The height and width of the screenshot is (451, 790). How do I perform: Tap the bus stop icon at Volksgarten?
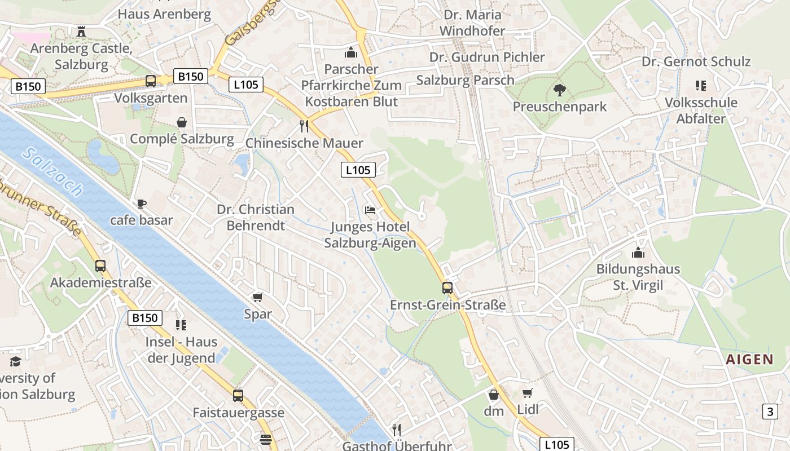tap(151, 81)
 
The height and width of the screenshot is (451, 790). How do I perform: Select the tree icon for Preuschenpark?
tap(559, 89)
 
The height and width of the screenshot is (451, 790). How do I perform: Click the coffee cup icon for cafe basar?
tap(141, 204)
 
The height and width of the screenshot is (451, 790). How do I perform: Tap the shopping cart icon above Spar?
tap(258, 297)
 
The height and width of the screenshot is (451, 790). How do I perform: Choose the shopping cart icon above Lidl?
tap(528, 393)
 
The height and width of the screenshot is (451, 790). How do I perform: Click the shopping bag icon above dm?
tap(494, 395)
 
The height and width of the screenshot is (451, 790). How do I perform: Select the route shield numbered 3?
tap(770, 412)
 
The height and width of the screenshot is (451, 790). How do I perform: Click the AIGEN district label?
tap(749, 360)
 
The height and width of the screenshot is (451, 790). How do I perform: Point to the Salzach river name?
tap(54, 172)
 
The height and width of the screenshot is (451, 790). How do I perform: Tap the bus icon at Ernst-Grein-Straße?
tap(447, 288)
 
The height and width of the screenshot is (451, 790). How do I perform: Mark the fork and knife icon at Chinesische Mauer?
tap(304, 126)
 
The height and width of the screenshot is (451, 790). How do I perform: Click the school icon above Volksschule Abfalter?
tap(701, 86)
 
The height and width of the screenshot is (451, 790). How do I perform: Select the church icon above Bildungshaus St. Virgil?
tap(638, 253)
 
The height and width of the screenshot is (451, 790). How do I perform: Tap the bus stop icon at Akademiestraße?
tap(100, 266)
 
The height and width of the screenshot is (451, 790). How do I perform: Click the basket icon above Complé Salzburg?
tap(182, 122)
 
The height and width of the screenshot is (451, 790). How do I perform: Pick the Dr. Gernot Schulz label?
tap(696, 61)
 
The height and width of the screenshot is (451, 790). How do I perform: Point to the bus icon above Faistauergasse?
tap(238, 395)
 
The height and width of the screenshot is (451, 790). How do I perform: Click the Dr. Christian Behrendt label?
tap(256, 217)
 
